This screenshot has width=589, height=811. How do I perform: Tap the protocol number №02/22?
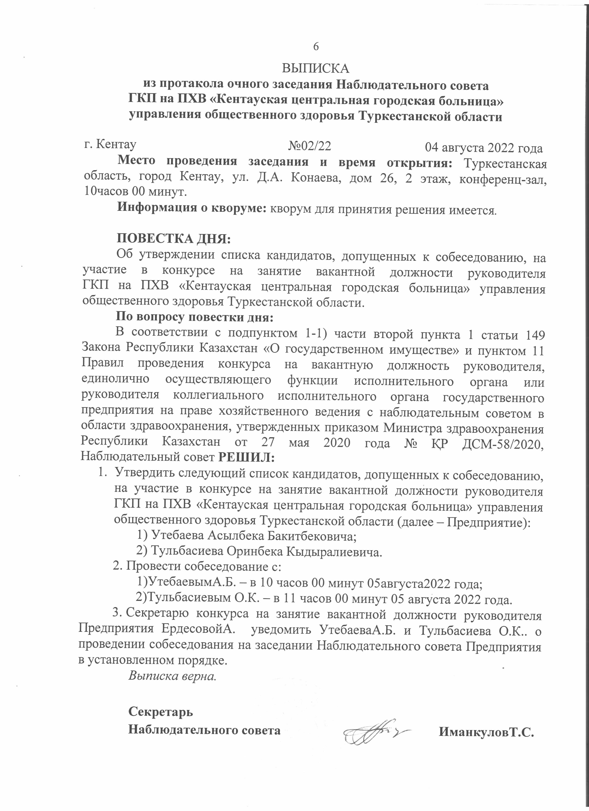[x=309, y=146]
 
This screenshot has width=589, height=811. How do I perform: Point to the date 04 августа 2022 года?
[x=484, y=148]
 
